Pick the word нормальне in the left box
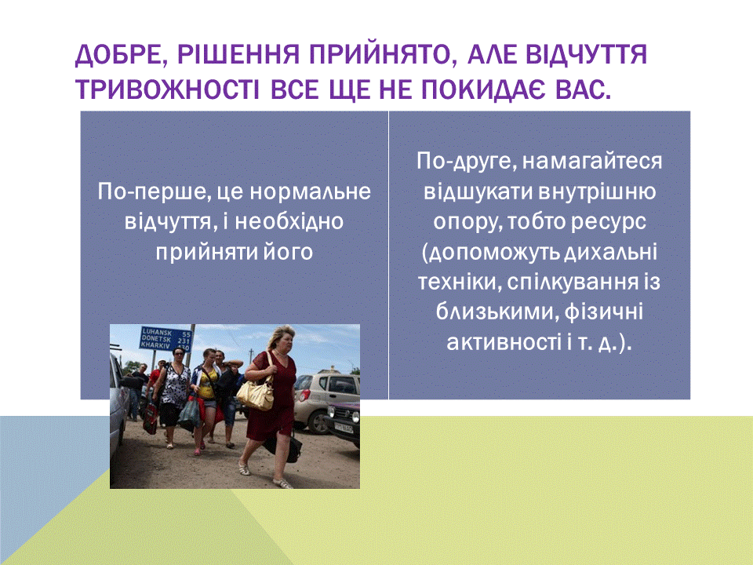pos(311,192)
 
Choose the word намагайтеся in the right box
pos(592,162)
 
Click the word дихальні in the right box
pos(610,252)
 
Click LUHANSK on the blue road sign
pos(157,332)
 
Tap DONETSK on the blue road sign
pos(156,339)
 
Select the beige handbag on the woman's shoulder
pos(256,392)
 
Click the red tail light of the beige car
pos(304,395)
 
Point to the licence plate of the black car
pos(343,427)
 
